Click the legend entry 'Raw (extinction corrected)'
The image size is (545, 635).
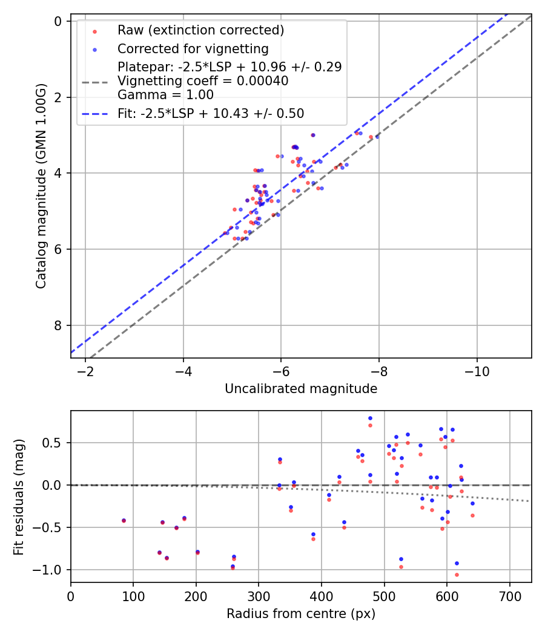pyautogui.click(x=200, y=30)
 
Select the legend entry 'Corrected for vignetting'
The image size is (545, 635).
pyautogui.click(x=193, y=48)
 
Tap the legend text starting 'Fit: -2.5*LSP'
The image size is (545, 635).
pyautogui.click(x=211, y=113)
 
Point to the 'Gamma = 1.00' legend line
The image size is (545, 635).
pyautogui.click(x=165, y=94)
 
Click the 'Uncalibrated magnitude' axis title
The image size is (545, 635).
pyautogui.click(x=301, y=389)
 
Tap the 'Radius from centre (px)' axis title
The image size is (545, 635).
pyautogui.click(x=301, y=614)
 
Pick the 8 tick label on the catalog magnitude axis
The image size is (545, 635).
pyautogui.click(x=59, y=325)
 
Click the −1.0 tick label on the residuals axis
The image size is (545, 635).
pyautogui.click(x=53, y=570)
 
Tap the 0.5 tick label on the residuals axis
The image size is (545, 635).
pyautogui.click(x=56, y=443)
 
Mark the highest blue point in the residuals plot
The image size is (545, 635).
pyautogui.click(x=370, y=418)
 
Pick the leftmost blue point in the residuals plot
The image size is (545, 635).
pyautogui.click(x=124, y=520)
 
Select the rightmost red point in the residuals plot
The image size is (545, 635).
pyautogui.click(x=472, y=515)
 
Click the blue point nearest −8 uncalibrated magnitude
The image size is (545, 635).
pyautogui.click(x=377, y=137)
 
